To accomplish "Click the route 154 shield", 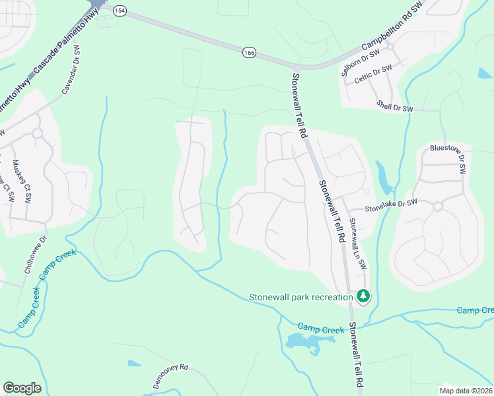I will pos(119,11).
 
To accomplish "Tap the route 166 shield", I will pos(248,52).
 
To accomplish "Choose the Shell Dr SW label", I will pos(395,105).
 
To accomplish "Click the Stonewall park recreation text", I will pos(300,297).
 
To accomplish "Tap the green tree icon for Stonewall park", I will pos(363,296).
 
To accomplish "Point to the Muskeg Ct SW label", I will pos(22,181).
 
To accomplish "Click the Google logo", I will pos(22,388).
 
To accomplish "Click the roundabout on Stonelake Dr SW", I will pos(437,207).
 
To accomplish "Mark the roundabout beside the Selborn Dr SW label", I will pos(390,47).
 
